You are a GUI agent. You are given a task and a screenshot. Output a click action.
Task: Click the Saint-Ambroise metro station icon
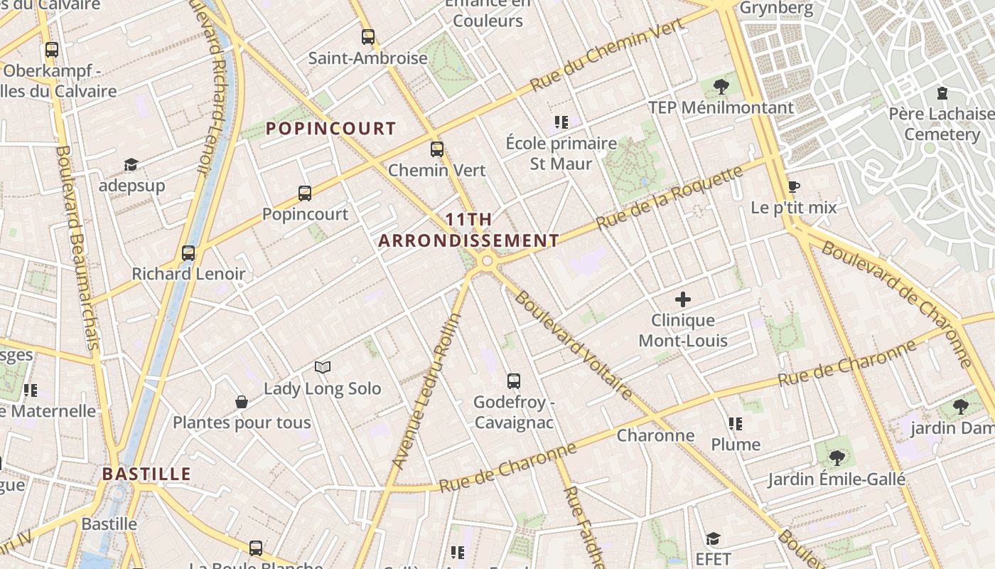[x=367, y=37]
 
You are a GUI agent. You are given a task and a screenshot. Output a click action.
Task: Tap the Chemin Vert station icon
[x=436, y=149]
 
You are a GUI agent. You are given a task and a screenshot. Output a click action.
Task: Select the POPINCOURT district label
[x=330, y=129]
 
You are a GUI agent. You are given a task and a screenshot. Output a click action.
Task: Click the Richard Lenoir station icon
[x=188, y=253]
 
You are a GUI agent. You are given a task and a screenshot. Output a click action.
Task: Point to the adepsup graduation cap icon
[x=131, y=165]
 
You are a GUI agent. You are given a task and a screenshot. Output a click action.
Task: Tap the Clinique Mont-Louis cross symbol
[x=682, y=299]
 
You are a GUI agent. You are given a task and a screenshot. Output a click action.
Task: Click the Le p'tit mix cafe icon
[x=794, y=187]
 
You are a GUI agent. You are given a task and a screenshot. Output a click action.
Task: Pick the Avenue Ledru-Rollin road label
[x=426, y=391]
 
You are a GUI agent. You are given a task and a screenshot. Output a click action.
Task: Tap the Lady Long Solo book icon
[x=323, y=367]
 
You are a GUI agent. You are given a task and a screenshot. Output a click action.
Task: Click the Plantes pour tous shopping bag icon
[x=242, y=402]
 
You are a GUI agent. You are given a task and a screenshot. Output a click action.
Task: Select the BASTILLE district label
[x=146, y=474]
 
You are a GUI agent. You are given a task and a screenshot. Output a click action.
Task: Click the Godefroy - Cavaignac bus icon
[x=514, y=381]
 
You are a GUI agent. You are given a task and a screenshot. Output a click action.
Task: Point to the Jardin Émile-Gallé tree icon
[x=837, y=457]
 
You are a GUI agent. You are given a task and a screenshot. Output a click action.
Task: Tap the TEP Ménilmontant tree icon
[x=721, y=87]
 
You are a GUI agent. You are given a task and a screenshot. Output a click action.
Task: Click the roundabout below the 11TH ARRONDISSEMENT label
[x=487, y=261]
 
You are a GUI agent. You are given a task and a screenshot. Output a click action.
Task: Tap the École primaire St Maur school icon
[x=561, y=122]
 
